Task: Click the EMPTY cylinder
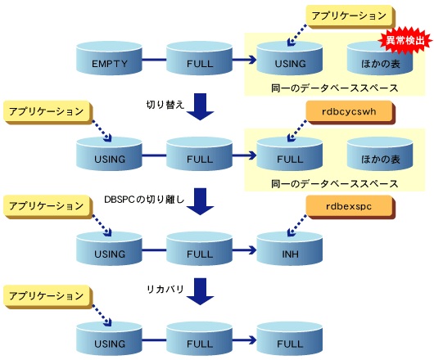coord(109,58)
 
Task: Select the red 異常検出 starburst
coord(405,41)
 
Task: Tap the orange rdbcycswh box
coord(350,112)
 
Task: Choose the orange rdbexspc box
coord(350,207)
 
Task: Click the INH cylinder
coord(290,249)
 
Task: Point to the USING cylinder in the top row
coord(290,58)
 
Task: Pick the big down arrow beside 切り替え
coord(200,106)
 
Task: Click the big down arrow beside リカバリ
coord(200,291)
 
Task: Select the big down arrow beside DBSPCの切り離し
coord(200,201)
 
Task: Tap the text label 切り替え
coord(165,105)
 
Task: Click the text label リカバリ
coord(165,289)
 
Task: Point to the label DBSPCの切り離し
coord(144,200)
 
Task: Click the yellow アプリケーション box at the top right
coord(350,16)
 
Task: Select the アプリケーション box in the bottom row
coord(47,297)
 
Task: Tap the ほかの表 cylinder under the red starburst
coord(380,58)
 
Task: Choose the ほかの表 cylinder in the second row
coord(380,154)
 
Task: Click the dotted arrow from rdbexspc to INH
coord(297,225)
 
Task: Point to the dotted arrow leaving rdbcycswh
coord(297,131)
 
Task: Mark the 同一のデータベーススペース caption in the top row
coord(334,88)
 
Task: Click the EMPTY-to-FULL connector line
coord(154,60)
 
